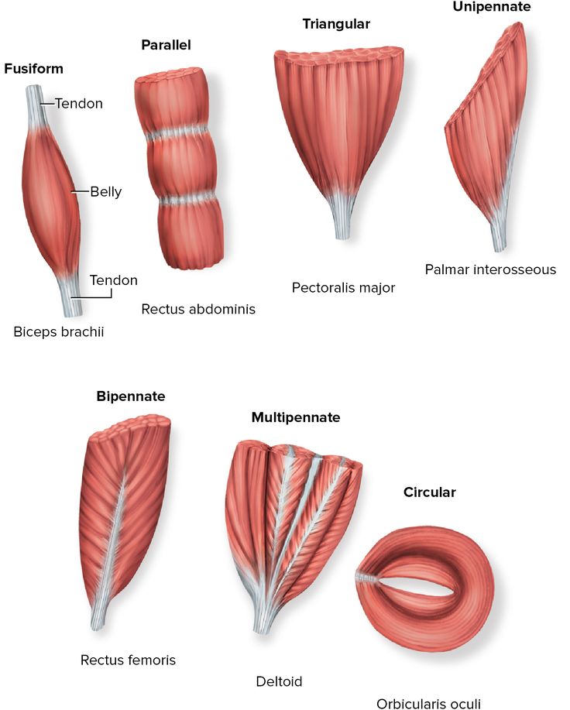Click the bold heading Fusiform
coord(33,69)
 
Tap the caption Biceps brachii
coord(58,332)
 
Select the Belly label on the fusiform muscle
coord(105,192)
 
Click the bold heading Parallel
coord(166,45)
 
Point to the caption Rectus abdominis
coord(198,309)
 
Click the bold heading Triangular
coord(336,24)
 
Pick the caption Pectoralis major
coord(343,288)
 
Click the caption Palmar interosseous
coord(490,269)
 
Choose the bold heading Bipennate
coord(131,396)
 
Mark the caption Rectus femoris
coord(128,660)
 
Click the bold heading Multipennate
coord(296,417)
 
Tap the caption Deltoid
coord(279,682)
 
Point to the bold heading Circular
coord(430,492)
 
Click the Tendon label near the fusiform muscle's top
coord(78,103)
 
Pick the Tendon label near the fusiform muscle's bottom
coord(113,280)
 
